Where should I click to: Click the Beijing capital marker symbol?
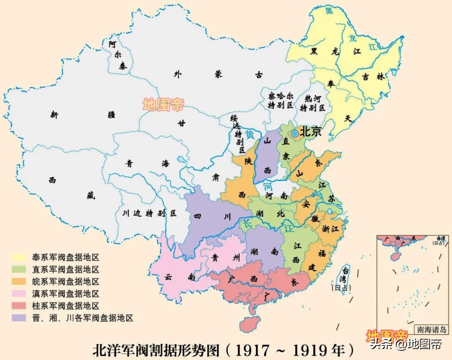pyautogui.click(x=295, y=133)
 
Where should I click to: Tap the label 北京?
pyautogui.click(x=311, y=132)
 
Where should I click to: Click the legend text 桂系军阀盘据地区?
pyautogui.click(x=65, y=306)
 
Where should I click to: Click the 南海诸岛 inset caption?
pyautogui.click(x=431, y=329)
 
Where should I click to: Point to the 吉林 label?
pyautogui.click(x=372, y=77)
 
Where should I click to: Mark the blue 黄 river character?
pyautogui.click(x=250, y=135)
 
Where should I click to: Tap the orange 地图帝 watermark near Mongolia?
pyautogui.click(x=163, y=105)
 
